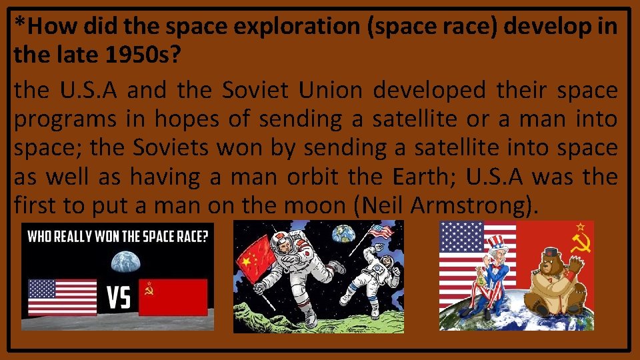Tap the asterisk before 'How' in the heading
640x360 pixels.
21,25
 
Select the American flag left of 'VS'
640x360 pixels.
62,297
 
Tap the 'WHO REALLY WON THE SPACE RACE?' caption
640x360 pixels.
117,236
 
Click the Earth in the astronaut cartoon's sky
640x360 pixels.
344,232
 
